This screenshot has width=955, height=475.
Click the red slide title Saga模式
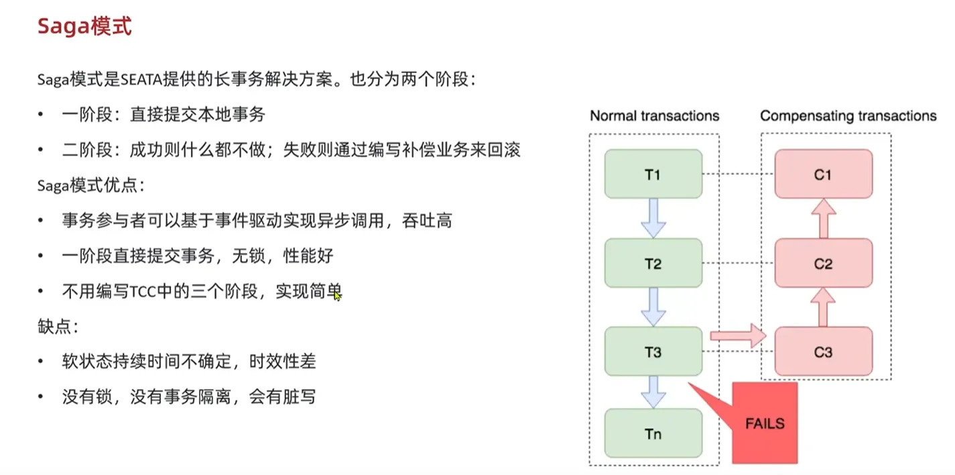tap(84, 26)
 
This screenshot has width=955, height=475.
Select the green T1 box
tap(653, 174)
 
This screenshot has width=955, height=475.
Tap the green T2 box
tap(653, 264)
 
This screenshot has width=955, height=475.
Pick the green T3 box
tap(653, 352)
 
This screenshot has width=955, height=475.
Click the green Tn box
tap(653, 433)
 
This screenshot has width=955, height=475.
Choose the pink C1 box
tap(823, 174)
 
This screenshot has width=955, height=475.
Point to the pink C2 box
tap(823, 264)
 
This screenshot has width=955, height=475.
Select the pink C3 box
tap(823, 352)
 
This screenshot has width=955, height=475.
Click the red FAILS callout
tap(764, 423)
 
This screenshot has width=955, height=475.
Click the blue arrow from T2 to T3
tap(653, 307)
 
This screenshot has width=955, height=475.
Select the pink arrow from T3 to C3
tap(737, 335)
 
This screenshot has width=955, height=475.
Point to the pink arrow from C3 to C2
tap(823, 308)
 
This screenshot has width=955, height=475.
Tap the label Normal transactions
tap(654, 116)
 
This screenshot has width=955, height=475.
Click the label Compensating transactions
tap(848, 116)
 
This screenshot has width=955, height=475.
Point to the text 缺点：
tap(58, 327)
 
